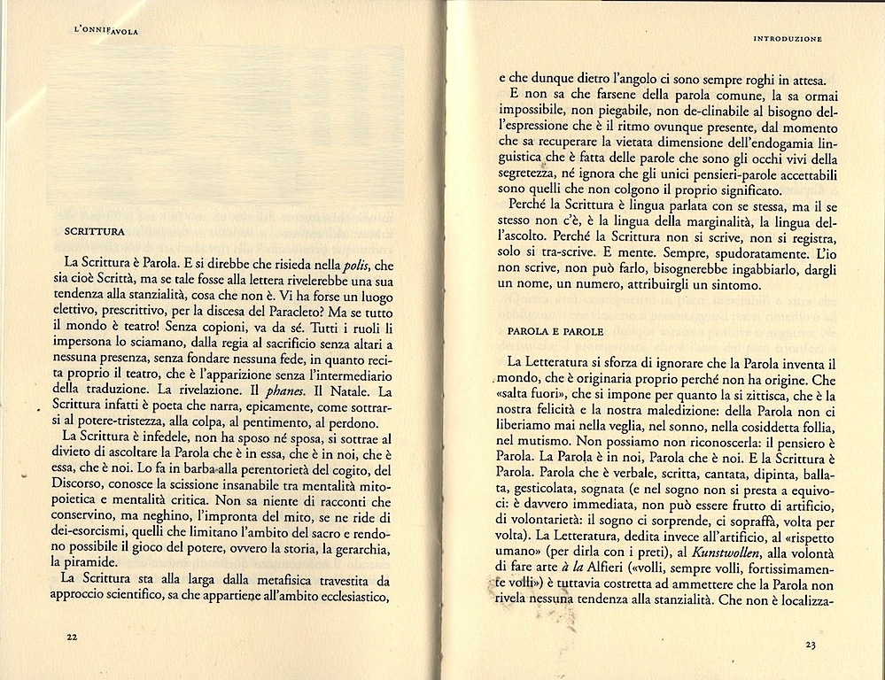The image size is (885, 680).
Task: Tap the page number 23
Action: coord(811,645)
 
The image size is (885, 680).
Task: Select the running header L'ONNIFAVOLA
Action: coord(109,32)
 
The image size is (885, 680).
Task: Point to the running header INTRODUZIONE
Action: coord(788,39)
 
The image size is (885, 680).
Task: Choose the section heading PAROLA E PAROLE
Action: coord(555,331)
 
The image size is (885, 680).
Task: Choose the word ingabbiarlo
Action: coord(733,269)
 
